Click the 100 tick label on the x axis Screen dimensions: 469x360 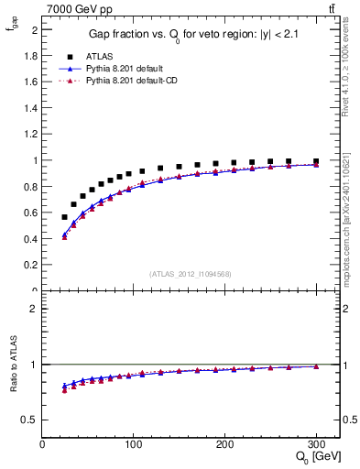point(134,444)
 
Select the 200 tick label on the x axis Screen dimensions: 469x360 point(225,444)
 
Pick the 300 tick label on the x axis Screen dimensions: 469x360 point(316,444)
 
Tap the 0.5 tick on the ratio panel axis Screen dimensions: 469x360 point(32,420)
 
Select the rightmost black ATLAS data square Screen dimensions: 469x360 point(316,161)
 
